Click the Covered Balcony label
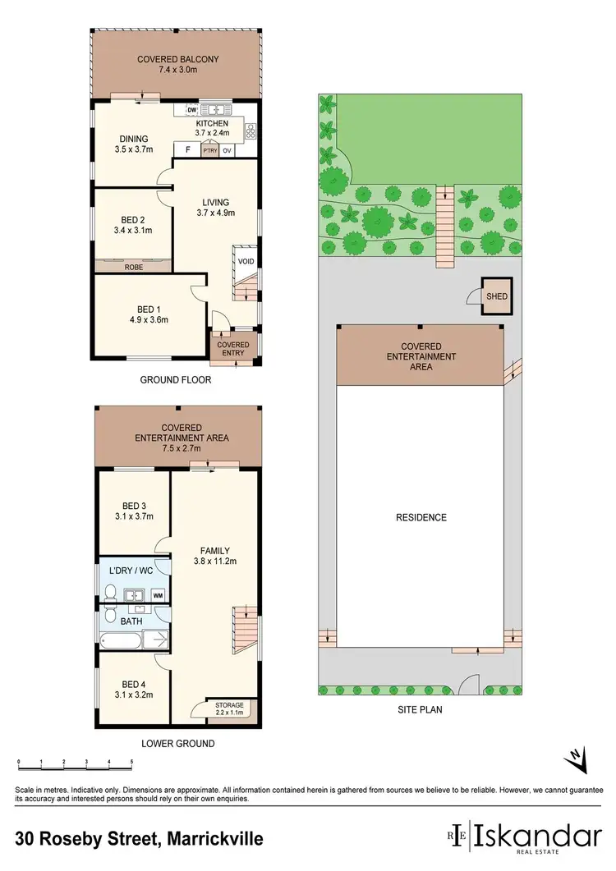[177, 59]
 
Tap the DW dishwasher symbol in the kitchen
[191, 109]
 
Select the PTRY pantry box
[209, 151]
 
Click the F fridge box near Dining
[187, 150]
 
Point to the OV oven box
[228, 151]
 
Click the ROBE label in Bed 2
[133, 267]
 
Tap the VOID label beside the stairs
[246, 262]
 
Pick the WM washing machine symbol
[157, 594]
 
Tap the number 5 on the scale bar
[131, 763]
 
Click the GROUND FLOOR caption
[176, 380]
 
